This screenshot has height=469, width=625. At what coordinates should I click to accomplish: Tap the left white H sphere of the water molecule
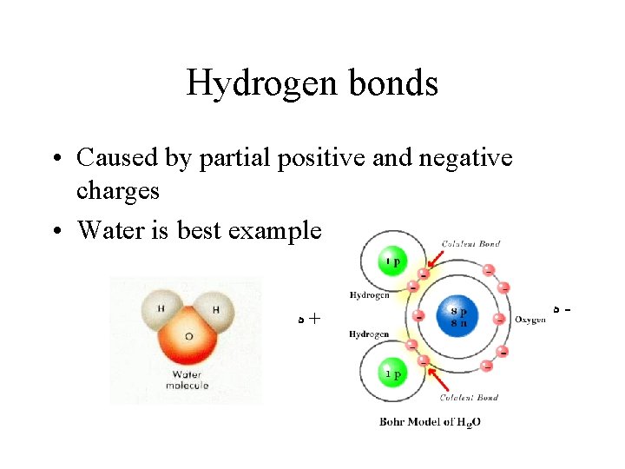(x=161, y=311)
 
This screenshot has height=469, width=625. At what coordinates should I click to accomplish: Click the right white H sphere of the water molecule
(x=214, y=310)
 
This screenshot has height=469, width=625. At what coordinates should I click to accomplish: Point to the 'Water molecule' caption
(x=187, y=380)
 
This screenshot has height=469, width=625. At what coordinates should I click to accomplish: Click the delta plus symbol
(x=307, y=319)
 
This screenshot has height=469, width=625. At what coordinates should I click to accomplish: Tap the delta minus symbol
(x=562, y=308)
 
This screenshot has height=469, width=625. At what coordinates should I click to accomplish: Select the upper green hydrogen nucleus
(x=392, y=261)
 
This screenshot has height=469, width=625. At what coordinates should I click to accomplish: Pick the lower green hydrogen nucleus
(x=392, y=374)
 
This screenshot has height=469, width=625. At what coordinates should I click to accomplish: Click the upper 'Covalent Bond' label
(x=470, y=244)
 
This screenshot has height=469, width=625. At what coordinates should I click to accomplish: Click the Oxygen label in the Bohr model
(x=530, y=320)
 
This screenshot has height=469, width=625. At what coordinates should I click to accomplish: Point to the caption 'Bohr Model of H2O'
(x=431, y=422)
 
